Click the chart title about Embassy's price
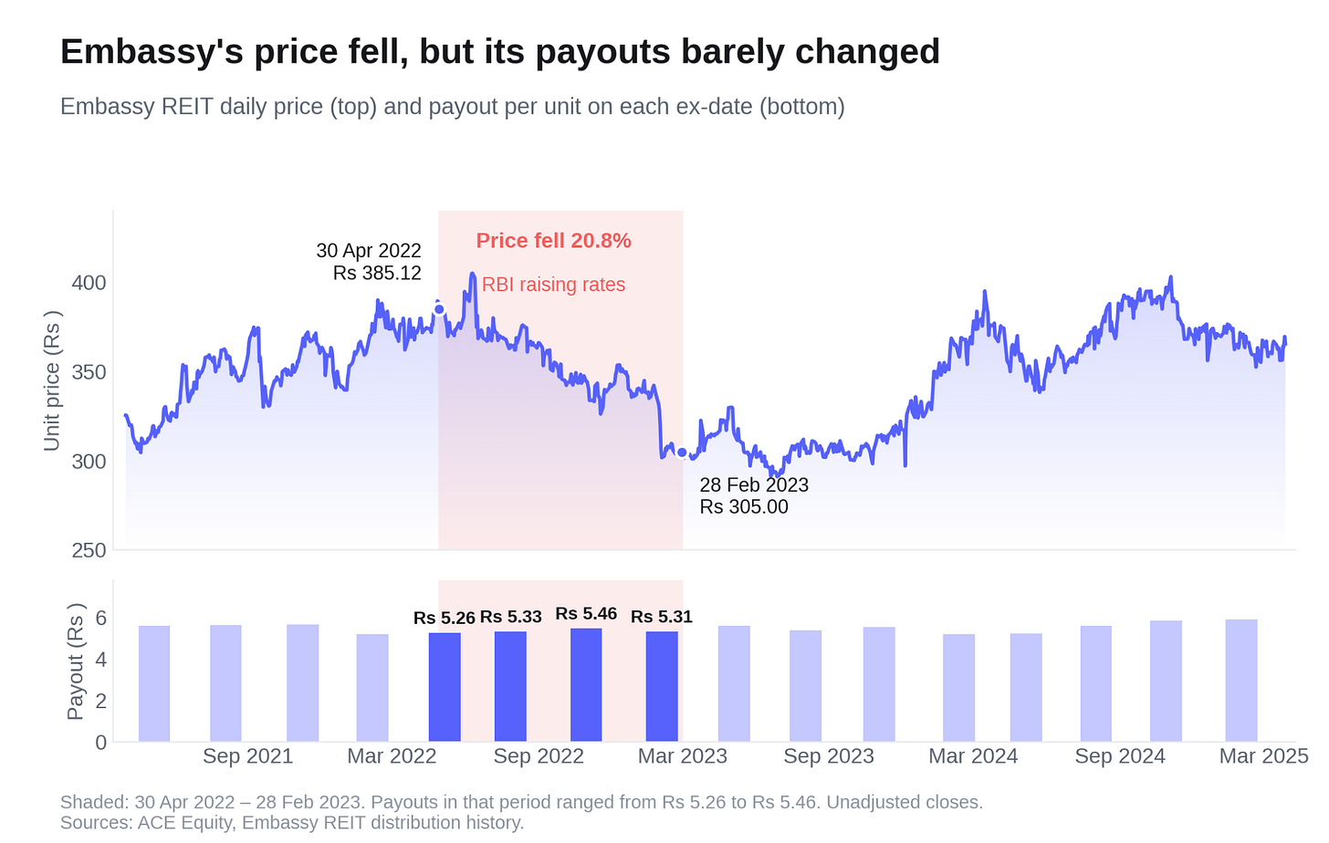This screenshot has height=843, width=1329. (500, 52)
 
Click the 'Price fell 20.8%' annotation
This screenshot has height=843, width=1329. (553, 241)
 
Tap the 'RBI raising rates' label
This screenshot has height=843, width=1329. (553, 285)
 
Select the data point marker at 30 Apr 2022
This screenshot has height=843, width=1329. (439, 309)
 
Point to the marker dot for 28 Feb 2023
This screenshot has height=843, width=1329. (683, 453)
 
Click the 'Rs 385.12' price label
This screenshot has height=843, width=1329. (377, 274)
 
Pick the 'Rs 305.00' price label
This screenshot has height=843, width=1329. (744, 507)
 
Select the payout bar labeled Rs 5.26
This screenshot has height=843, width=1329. (445, 687)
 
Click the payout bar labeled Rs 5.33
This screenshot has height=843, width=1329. (510, 686)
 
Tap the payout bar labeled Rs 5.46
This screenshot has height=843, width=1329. (586, 685)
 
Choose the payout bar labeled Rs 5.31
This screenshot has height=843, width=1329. (662, 686)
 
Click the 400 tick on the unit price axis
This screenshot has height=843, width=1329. (89, 283)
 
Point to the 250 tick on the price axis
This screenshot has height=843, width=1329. (89, 551)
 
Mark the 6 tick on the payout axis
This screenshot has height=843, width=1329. (100, 619)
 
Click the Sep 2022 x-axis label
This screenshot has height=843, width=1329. (539, 756)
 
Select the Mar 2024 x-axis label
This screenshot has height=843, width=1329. (973, 756)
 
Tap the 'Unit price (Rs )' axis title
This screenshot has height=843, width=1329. (52, 380)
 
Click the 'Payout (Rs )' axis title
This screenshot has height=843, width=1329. (76, 662)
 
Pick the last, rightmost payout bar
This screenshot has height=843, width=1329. (1241, 681)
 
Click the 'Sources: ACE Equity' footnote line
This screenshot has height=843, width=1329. (292, 823)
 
